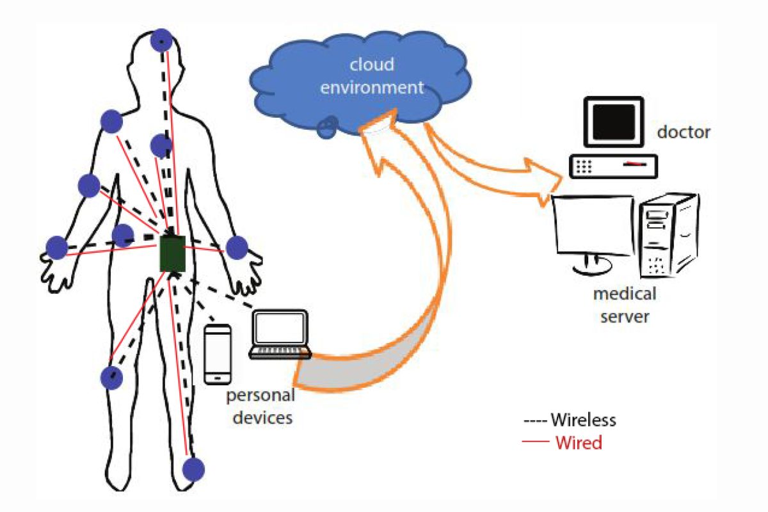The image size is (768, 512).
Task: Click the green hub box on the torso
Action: click(x=172, y=253)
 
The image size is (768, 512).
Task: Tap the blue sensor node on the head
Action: click(x=161, y=41)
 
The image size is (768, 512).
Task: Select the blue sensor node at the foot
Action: click(x=193, y=469)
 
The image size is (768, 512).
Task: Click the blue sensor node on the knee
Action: click(x=111, y=378)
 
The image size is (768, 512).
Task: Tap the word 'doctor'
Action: click(x=684, y=132)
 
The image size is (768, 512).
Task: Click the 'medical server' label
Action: click(x=624, y=305)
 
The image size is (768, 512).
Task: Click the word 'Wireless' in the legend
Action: click(x=583, y=420)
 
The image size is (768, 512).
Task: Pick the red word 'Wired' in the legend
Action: click(x=579, y=442)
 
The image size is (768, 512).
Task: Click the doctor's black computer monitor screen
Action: click(x=612, y=122)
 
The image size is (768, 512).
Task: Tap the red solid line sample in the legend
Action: click(x=536, y=442)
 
